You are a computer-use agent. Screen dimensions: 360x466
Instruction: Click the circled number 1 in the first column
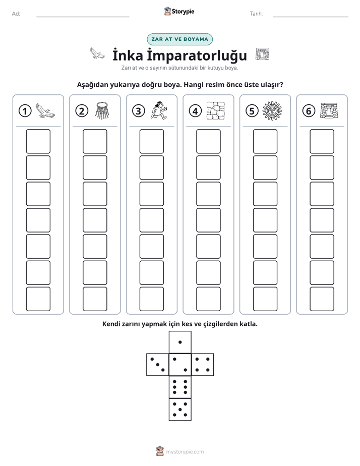click(x=25, y=111)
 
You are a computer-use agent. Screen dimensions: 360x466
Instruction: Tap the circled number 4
click(x=195, y=111)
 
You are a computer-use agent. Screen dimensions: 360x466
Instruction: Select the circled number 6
click(x=309, y=111)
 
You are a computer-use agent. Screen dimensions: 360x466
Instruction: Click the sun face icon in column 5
click(x=272, y=111)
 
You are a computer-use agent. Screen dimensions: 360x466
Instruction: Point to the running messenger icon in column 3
click(x=159, y=110)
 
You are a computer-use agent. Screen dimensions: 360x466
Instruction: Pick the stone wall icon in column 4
click(x=216, y=111)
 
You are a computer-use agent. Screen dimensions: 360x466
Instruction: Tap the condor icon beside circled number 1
click(x=45, y=111)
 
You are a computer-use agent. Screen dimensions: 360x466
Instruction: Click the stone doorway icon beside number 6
click(x=329, y=111)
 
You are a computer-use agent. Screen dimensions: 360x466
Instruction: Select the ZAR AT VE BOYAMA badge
click(x=179, y=39)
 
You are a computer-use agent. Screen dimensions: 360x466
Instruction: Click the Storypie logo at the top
click(x=179, y=12)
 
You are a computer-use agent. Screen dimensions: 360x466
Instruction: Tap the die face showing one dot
click(x=180, y=342)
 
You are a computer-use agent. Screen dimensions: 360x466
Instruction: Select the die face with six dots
click(x=180, y=387)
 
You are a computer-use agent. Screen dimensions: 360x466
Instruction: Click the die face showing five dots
click(x=180, y=409)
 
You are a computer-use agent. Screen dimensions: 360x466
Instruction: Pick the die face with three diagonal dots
click(x=158, y=364)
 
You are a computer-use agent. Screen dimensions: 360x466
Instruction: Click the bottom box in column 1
click(x=38, y=299)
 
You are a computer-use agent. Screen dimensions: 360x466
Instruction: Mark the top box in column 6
click(x=322, y=141)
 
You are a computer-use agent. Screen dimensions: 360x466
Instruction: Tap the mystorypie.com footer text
click(x=185, y=452)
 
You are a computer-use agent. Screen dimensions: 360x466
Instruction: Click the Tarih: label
click(x=256, y=14)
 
